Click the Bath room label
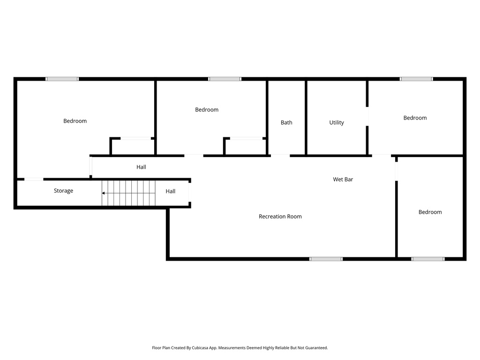(286, 122)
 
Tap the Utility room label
(337, 122)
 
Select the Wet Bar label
(343, 179)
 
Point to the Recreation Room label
(280, 217)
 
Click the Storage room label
(63, 191)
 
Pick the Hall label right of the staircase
(171, 191)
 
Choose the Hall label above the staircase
(141, 167)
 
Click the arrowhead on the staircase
(104, 193)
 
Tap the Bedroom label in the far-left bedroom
(75, 121)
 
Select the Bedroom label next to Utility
(415, 118)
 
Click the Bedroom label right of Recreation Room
(430, 212)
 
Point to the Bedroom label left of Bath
(207, 110)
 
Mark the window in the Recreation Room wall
(326, 258)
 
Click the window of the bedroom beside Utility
(416, 79)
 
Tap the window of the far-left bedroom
(62, 79)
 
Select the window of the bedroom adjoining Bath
(225, 79)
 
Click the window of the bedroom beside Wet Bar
(427, 258)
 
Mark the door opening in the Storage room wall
(34, 179)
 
